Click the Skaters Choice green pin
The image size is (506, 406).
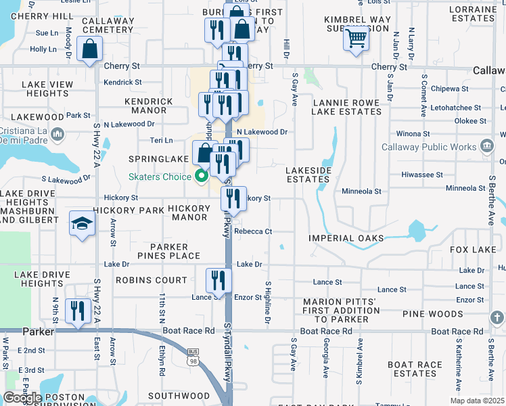pos(201,177)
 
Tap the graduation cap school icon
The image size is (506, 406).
pos(81,224)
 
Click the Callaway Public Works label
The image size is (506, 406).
pos(429,147)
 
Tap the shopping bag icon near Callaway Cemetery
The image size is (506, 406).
pos(89,49)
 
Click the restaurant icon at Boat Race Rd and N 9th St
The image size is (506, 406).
pos(78,310)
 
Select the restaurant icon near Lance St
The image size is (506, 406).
pos(218,279)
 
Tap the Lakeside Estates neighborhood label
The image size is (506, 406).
pos(307,175)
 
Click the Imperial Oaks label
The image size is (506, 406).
pos(346,238)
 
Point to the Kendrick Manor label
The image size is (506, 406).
pos(149,106)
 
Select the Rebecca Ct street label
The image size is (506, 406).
pos(253,231)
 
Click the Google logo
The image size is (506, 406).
pos(22,398)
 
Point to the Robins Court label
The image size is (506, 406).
pos(151,279)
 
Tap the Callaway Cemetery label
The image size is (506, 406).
pos(108,25)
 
